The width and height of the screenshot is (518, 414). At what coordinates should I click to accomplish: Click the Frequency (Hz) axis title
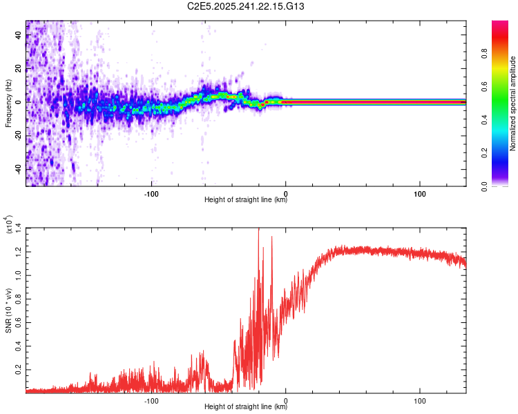click(x=8, y=103)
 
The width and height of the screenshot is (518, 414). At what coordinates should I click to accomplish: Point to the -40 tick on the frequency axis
click(x=18, y=169)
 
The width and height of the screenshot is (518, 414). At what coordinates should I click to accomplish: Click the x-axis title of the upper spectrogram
click(x=245, y=201)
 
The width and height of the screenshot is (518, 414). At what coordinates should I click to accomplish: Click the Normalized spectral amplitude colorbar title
click(x=513, y=103)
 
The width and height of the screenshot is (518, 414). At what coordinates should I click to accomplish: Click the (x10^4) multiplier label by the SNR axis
click(x=8, y=225)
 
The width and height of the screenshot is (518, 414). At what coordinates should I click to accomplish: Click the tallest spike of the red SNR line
click(x=258, y=230)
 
